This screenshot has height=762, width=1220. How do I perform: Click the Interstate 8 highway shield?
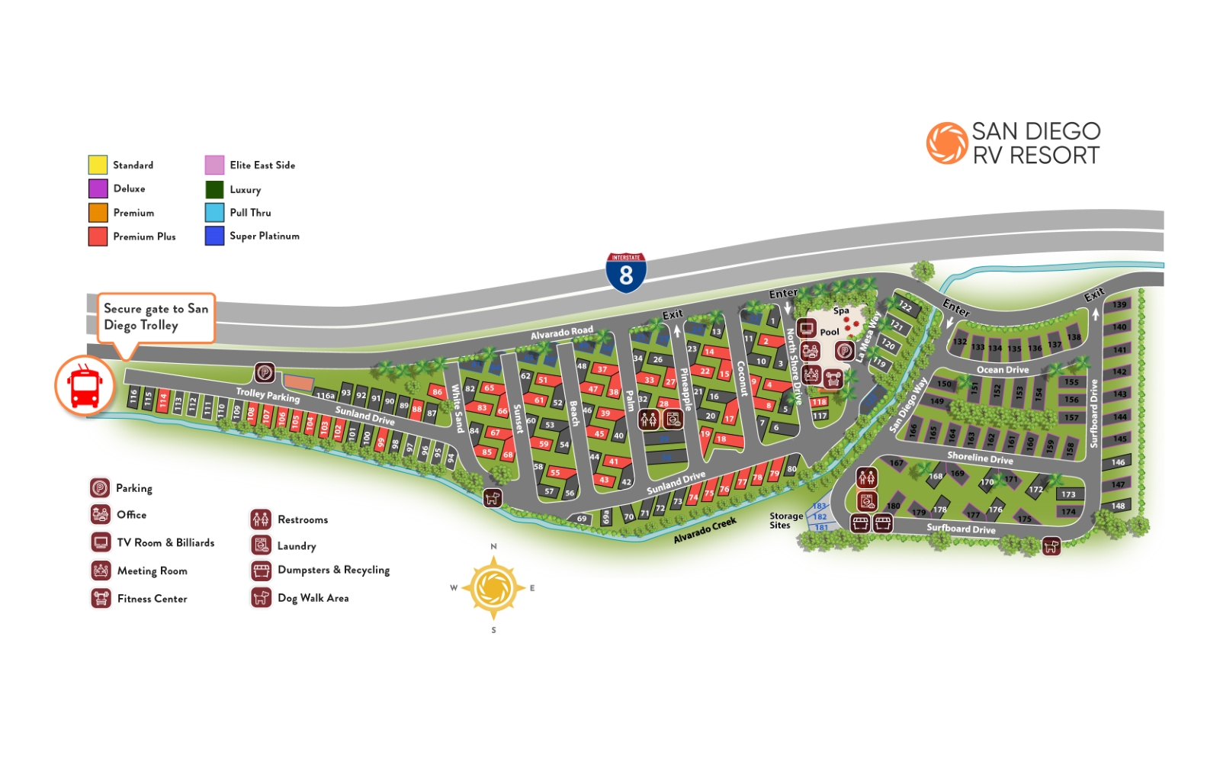click(x=626, y=272)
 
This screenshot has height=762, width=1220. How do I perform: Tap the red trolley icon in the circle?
click(x=85, y=385)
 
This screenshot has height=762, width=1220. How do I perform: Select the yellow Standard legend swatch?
click(x=98, y=165)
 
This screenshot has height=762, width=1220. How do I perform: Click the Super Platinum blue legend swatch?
click(x=214, y=236)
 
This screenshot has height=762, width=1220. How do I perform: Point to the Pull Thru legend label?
click(x=250, y=213)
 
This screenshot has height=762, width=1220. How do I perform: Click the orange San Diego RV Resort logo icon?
click(x=947, y=143)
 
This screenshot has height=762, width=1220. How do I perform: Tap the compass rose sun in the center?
click(x=493, y=587)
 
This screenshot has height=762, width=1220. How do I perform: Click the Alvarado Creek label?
click(x=705, y=530)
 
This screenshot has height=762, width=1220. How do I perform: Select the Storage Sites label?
click(x=785, y=520)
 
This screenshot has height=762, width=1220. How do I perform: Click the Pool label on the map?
click(x=830, y=332)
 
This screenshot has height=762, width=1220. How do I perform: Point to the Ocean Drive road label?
click(x=1003, y=370)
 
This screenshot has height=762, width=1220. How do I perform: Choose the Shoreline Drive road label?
click(x=980, y=458)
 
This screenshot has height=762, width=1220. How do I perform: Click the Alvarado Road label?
click(x=562, y=333)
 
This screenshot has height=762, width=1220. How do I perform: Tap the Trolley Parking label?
click(x=268, y=394)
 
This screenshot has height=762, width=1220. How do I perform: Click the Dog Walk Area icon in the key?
click(x=261, y=597)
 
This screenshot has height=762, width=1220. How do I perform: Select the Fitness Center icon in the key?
click(x=101, y=598)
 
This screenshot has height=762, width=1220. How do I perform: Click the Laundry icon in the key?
click(x=261, y=545)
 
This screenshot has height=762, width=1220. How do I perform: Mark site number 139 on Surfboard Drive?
click(x=1119, y=304)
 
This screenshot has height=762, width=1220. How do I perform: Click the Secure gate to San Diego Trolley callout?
click(x=156, y=317)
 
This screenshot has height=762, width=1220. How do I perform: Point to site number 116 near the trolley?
click(x=133, y=397)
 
